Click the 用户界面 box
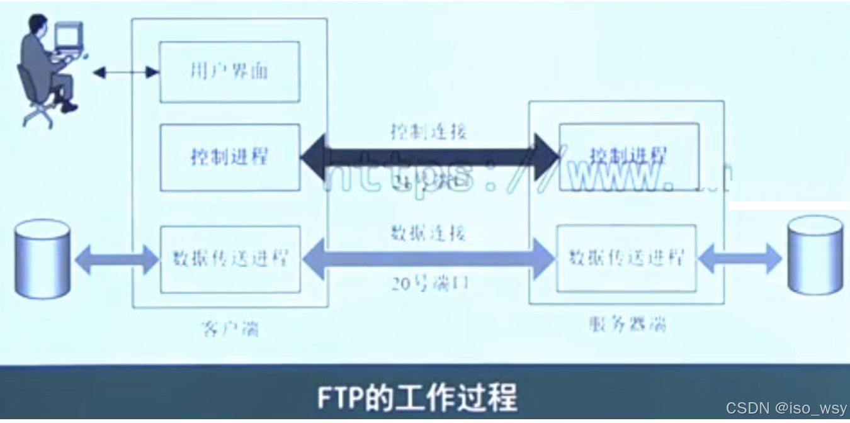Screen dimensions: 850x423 tap(229, 72)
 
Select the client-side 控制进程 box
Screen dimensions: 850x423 tap(229, 157)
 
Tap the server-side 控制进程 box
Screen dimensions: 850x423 tap(628, 156)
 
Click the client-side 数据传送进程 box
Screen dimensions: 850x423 tap(230, 259)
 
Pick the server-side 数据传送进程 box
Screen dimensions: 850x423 tap(626, 258)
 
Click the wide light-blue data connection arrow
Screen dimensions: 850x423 tap(429, 258)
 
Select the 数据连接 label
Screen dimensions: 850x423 tap(428, 234)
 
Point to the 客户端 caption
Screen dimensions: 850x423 tap(230, 328)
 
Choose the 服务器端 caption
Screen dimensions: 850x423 tap(627, 324)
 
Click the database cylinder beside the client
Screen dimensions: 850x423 tap(42, 258)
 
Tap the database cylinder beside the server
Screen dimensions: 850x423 tap(815, 255)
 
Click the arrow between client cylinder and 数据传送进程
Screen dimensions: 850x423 tap(117, 259)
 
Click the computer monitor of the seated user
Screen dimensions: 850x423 tap(69, 37)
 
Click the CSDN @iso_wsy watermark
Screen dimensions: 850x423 tap(786, 408)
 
